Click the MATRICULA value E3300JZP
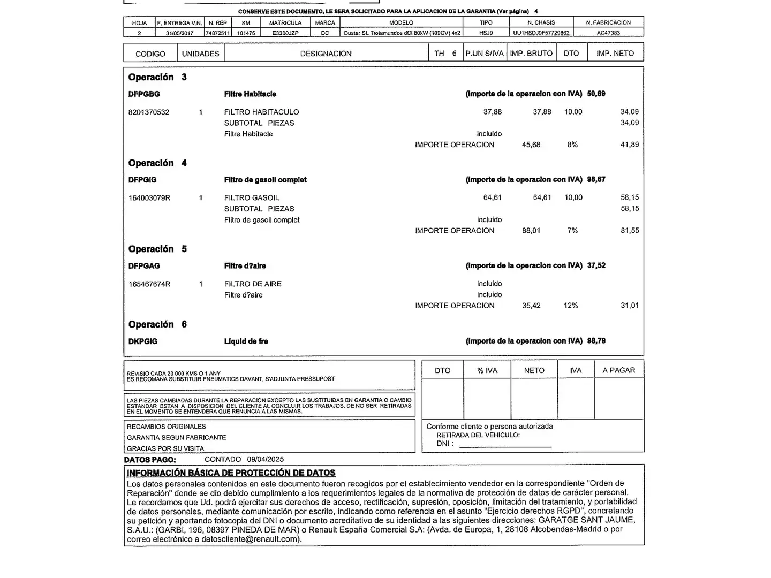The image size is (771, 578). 285,33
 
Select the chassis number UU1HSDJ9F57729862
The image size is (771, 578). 541,33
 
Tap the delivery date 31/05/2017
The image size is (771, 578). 179,33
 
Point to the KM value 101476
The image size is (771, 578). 246,33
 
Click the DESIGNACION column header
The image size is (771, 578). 326,54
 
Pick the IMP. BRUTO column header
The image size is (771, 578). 531,54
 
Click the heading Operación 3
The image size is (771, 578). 157,77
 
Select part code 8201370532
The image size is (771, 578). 149,112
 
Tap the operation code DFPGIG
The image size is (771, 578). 142,180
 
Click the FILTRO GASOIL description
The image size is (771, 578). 252,197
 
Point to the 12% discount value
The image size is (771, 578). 571,306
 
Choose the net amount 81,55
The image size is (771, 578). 630,231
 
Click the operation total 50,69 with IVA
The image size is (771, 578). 596,94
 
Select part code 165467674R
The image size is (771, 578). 149,284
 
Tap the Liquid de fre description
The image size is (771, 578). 246,341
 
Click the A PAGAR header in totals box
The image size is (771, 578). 618,370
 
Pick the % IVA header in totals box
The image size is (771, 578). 487,370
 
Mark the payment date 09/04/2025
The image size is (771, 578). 266,459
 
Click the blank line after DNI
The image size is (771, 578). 505,444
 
